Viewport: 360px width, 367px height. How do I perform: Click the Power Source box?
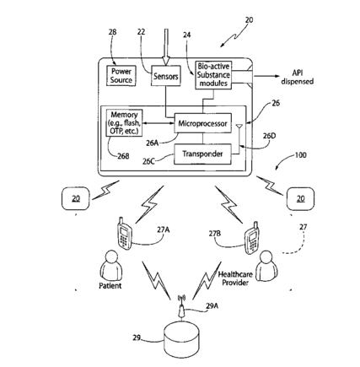pos(121,75)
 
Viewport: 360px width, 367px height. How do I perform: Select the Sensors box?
pos(166,76)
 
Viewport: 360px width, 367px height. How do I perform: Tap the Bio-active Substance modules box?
pos(213,75)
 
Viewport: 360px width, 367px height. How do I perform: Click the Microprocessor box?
pos(202,123)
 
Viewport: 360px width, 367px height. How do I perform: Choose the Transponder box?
pos(202,154)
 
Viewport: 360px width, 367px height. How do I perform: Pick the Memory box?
pos(124,123)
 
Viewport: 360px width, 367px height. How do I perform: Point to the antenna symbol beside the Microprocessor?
pos(239,132)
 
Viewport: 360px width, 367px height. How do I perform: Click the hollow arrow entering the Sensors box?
pos(166,47)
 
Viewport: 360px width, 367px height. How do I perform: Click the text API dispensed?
pos(297,77)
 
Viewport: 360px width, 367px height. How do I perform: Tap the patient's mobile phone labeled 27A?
pos(125,233)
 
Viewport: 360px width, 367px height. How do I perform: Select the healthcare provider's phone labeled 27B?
pos(252,238)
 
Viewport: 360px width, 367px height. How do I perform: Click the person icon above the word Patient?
pos(111,264)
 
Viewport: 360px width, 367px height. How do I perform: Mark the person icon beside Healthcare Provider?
pos(267,265)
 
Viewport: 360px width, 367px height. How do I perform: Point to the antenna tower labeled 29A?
pos(181,307)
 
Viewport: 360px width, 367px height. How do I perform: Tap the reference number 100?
pos(300,155)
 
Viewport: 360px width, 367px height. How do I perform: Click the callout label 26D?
pos(269,136)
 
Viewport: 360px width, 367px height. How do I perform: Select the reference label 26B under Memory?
pos(123,156)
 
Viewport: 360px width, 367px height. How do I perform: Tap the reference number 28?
pos(112,32)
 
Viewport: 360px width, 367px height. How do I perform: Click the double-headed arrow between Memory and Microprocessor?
pos(159,123)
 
